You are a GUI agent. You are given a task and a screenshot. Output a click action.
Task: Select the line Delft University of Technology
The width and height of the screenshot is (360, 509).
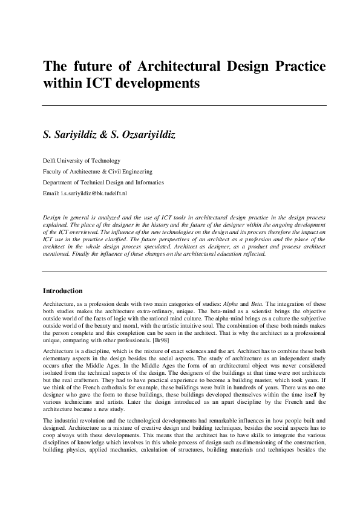coord(81,161)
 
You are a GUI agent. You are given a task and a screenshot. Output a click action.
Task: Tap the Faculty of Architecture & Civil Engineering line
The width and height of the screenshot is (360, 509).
coord(100,171)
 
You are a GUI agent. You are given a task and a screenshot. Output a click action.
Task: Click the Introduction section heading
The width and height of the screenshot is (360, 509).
coord(67,291)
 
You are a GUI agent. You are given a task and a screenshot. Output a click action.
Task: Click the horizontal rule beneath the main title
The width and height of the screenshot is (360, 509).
coord(184,106)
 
